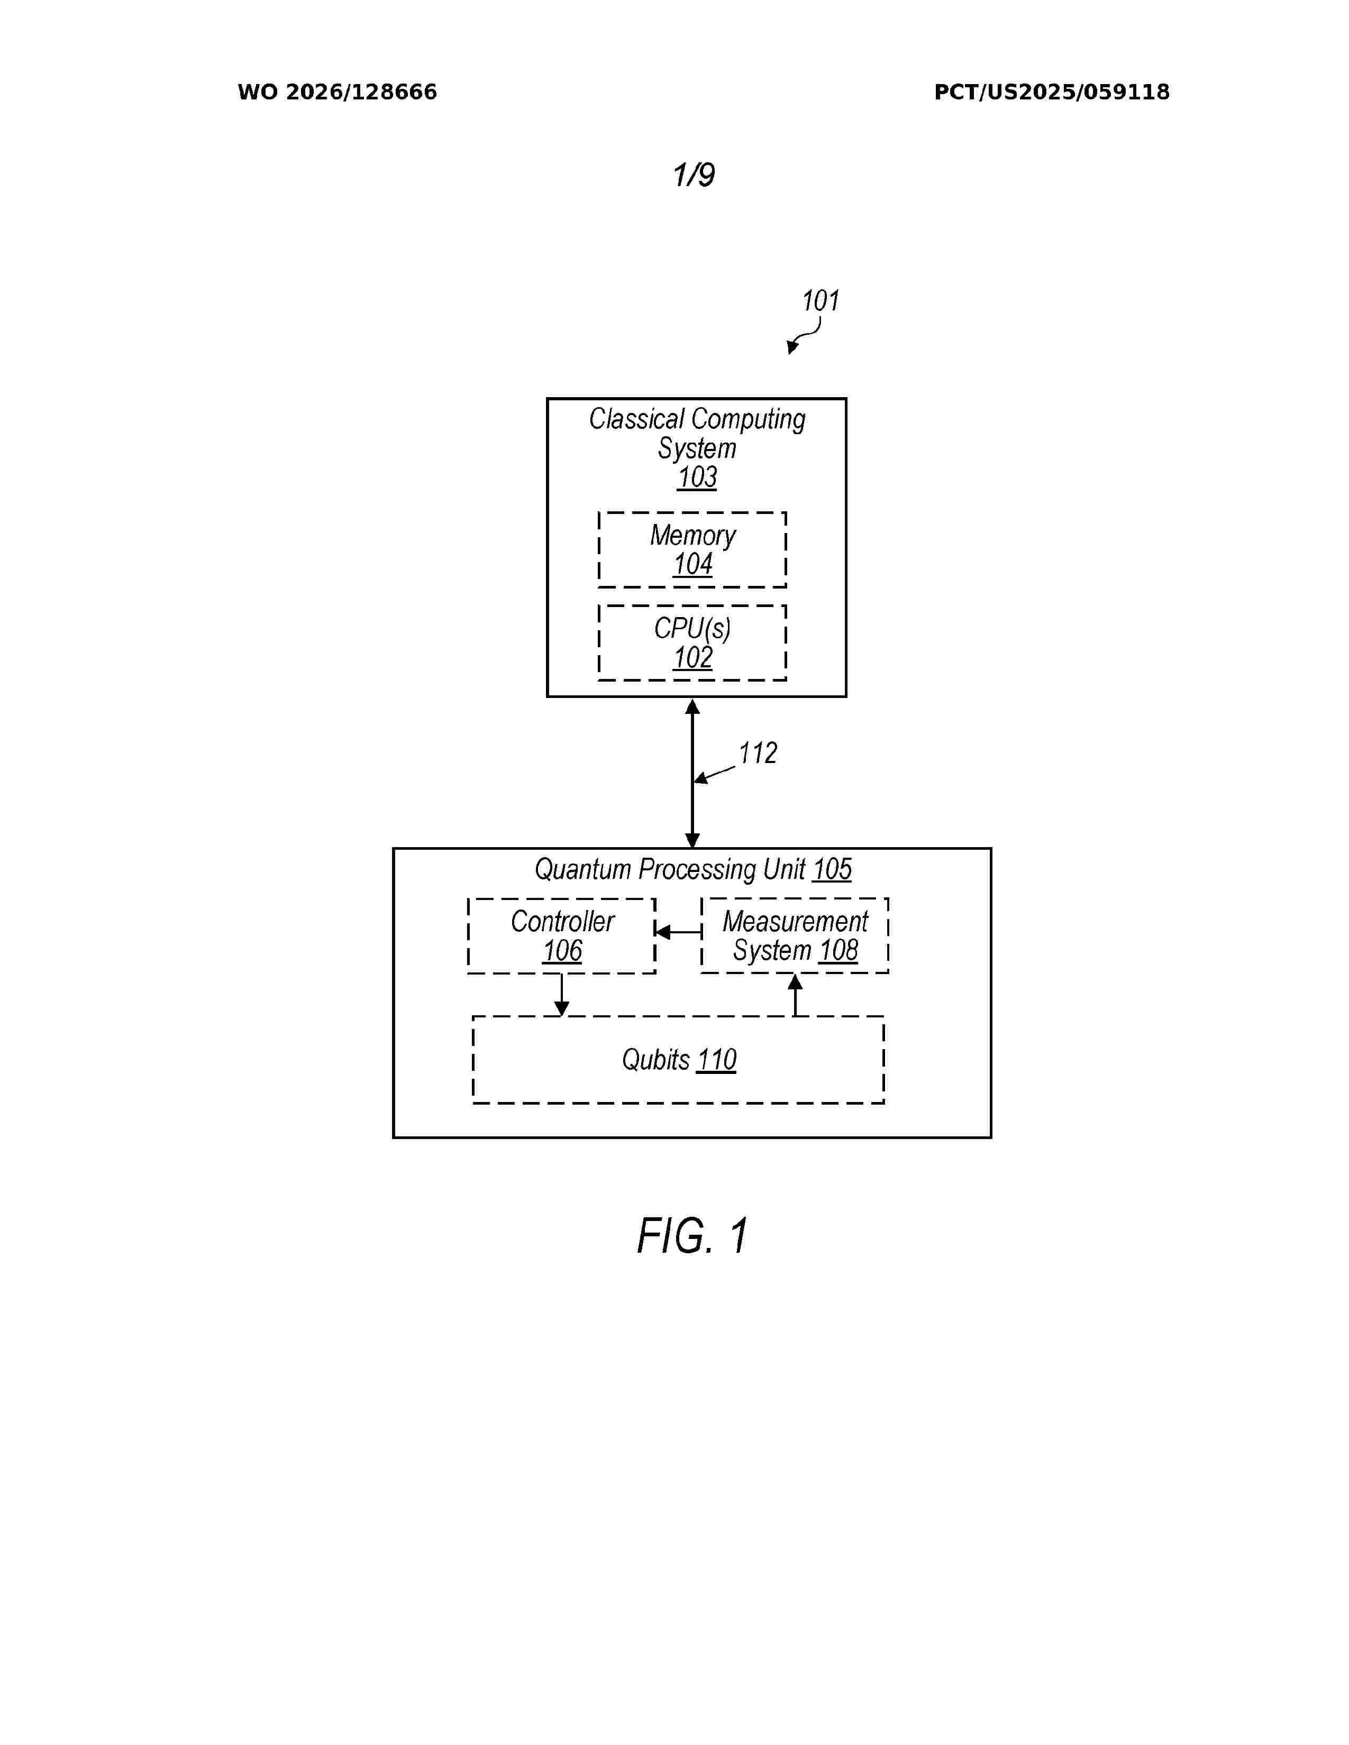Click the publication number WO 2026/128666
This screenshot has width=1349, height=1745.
point(338,93)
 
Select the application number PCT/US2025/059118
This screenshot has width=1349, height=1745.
point(1052,93)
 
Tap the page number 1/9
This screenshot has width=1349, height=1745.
point(694,175)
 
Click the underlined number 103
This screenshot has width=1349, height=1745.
point(697,478)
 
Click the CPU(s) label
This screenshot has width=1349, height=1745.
point(692,629)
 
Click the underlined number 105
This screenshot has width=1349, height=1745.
point(832,869)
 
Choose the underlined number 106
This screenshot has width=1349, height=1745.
point(563,951)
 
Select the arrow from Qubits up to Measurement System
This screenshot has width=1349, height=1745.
point(795,995)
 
